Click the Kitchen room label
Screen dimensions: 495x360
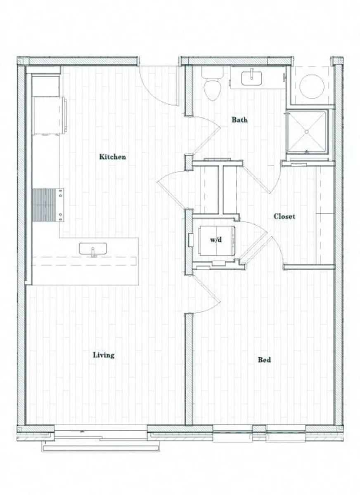[112, 157]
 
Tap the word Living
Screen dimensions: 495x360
[103, 355]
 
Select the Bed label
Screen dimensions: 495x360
[264, 360]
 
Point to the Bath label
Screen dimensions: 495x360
[239, 120]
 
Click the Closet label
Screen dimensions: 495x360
[284, 217]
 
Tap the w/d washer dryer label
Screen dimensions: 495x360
[216, 240]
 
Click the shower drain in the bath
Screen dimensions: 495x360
[307, 132]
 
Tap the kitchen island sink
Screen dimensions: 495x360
[93, 249]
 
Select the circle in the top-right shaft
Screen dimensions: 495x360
[311, 86]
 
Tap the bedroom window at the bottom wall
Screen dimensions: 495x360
[259, 433]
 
